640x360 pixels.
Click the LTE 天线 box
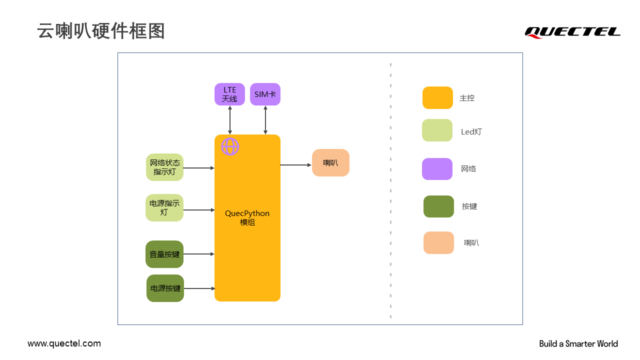tap(229, 94)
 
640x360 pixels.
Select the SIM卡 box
tap(265, 94)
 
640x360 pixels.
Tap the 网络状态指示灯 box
tap(164, 167)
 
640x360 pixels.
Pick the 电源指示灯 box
tap(164, 208)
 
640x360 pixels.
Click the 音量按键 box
tap(164, 254)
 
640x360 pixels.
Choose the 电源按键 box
tap(165, 288)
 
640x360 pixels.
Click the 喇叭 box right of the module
tap(330, 163)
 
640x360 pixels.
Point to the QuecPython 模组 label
tap(247, 217)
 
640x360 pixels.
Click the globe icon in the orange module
tap(230, 146)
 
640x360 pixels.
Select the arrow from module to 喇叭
tap(295, 165)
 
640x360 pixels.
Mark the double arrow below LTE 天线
tap(230, 120)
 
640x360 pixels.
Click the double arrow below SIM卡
tap(265, 120)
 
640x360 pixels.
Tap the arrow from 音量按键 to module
tap(199, 254)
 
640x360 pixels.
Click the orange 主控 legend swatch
tap(437, 98)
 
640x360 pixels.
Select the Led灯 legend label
tap(471, 132)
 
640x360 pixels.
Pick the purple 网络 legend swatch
tap(437, 169)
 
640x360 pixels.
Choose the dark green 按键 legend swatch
tap(438, 206)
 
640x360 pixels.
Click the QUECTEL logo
tap(572, 32)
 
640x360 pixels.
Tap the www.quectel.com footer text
tap(64, 343)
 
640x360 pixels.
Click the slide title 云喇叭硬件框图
tap(101, 31)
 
